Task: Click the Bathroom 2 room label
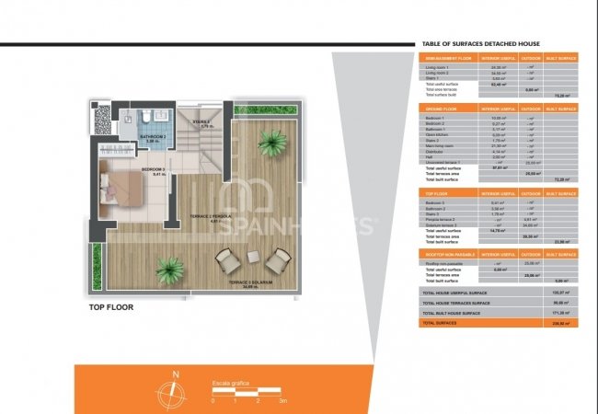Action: tap(153, 138)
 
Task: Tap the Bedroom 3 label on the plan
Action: tap(153, 170)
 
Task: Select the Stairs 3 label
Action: tap(201, 122)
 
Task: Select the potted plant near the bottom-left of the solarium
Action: tap(169, 270)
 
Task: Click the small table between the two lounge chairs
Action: tap(253, 257)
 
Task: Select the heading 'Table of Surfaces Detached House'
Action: tap(479, 43)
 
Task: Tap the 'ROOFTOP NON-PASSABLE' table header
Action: tap(447, 254)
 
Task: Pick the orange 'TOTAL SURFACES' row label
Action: tap(440, 324)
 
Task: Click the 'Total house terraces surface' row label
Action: tap(455, 302)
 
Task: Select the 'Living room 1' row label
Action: tap(437, 66)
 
